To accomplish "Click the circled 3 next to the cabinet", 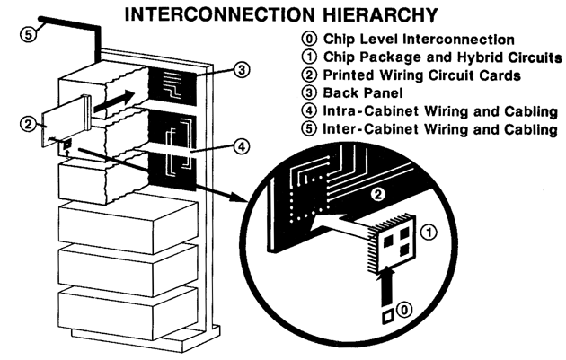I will [230, 68].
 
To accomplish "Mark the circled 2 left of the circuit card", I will [29, 125].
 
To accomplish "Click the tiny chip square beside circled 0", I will [385, 315].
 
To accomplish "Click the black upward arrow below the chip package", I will [388, 290].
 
